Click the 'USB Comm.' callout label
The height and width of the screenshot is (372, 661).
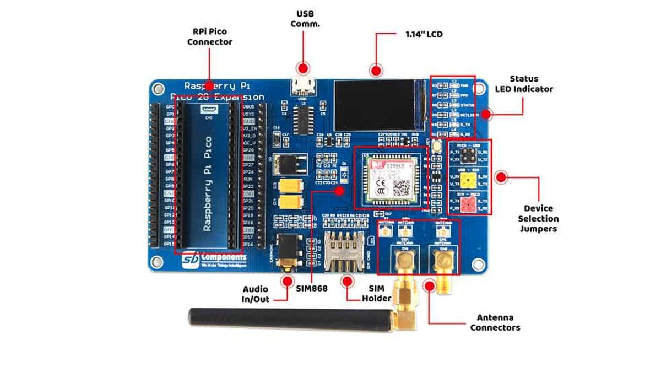coord(308,19)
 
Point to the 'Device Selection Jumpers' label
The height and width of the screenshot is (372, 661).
coord(538,218)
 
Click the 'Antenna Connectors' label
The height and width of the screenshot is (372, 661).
coord(495,322)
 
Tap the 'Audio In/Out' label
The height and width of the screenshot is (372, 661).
coord(256,294)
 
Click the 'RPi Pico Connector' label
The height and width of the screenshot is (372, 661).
coord(209,36)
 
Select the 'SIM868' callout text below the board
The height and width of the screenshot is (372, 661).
coord(312,288)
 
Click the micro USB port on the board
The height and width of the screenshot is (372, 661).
coord(302,87)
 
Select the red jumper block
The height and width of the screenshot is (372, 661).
coord(468,205)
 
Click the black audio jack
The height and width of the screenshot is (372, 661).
coord(286,252)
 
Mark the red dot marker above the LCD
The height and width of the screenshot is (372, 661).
coord(376,70)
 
